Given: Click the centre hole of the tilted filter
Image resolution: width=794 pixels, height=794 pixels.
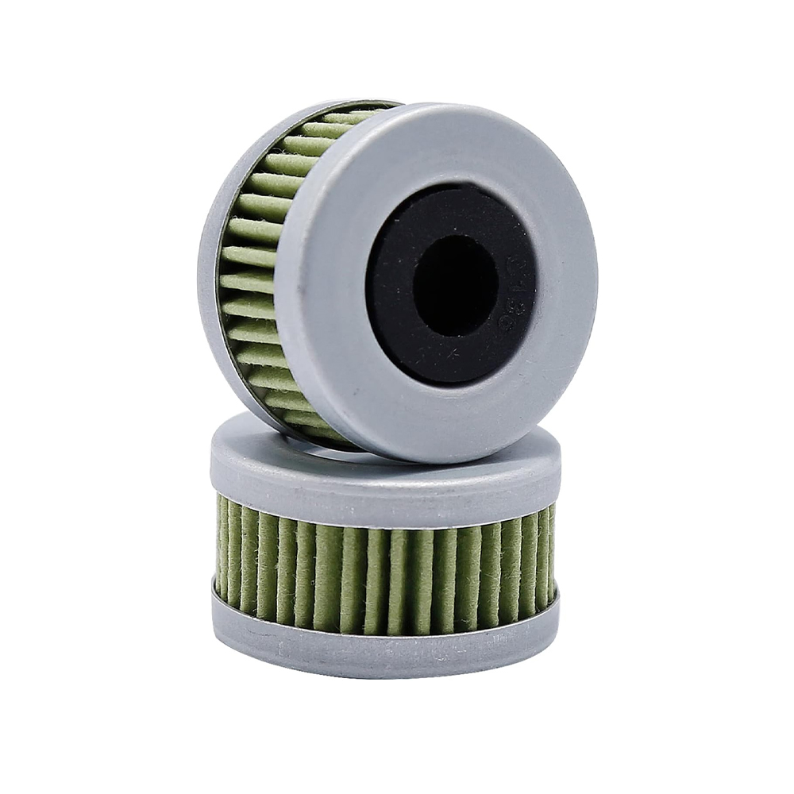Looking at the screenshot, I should point(455,284).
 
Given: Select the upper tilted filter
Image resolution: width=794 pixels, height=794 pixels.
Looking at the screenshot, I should point(397,278).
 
